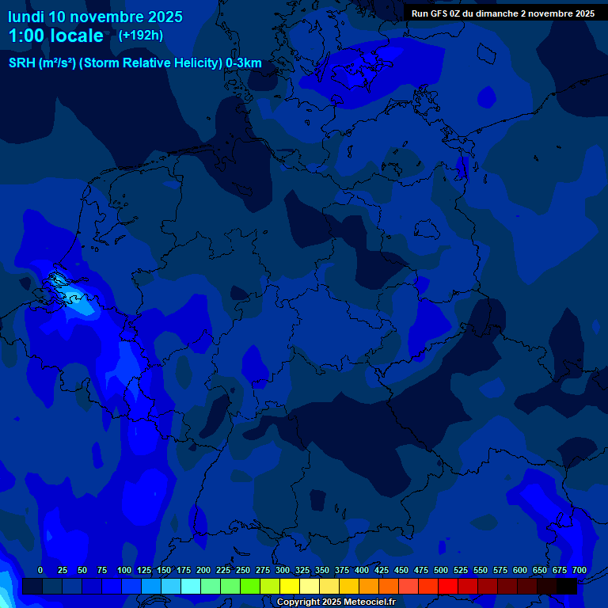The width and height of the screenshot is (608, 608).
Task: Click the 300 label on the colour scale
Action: tap(283, 570)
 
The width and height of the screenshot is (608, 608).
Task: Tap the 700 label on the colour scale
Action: tap(579, 570)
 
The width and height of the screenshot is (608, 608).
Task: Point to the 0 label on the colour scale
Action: tap(40, 570)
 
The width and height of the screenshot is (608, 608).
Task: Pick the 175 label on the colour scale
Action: tap(184, 570)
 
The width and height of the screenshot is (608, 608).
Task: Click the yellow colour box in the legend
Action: tap(290, 586)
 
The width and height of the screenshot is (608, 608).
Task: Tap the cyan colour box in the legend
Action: tap(191, 586)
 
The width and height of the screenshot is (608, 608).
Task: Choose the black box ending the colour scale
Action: tap(567, 586)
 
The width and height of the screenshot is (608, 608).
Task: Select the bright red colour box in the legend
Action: tap(448, 586)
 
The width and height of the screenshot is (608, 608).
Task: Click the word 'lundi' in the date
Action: tap(26, 17)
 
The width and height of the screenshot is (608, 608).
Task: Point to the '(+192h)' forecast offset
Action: tap(141, 35)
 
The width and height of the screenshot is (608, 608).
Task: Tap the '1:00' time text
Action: tap(26, 36)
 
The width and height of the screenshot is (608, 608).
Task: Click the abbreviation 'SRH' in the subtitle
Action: tap(22, 63)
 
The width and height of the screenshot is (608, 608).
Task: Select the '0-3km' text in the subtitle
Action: tap(244, 63)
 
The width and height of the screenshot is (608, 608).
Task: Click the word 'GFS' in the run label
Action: tap(441, 13)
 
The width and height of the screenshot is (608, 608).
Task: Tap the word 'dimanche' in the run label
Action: tap(506, 13)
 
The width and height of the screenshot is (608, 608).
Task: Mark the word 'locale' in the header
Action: tap(78, 36)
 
